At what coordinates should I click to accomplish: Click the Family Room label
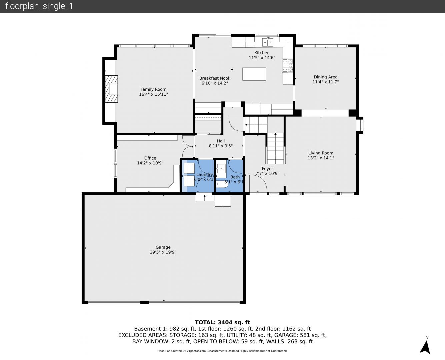pos(153,89)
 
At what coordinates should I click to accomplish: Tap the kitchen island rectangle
pos(254,74)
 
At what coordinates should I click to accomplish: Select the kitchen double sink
pos(268,42)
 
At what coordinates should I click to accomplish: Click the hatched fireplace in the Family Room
pos(111,89)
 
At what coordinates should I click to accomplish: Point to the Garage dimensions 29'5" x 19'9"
pos(163,252)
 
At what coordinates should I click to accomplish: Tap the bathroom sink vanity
pos(221,169)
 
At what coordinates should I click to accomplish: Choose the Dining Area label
pos(325,77)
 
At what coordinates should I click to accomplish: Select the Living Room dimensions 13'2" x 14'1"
pos(321,158)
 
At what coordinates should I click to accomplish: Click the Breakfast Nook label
pos(215,78)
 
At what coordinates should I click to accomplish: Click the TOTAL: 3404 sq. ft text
pos(222,322)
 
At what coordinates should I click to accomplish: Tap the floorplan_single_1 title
pos(39,6)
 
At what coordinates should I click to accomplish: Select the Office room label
pos(150,158)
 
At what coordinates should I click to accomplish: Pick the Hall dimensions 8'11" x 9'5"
pos(221,146)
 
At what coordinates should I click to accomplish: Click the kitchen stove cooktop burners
pos(287,65)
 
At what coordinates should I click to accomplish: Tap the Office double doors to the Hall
pos(188,146)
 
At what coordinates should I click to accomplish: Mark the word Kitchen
pos(262,53)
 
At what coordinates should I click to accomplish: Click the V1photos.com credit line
pos(222,351)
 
